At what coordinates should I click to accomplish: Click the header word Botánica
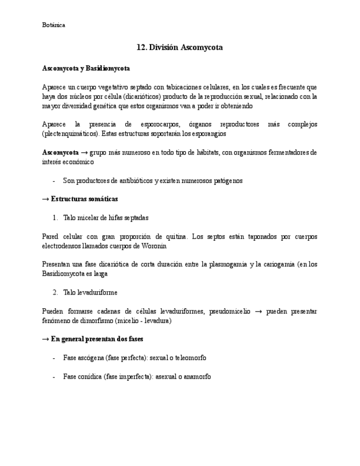(x=53, y=25)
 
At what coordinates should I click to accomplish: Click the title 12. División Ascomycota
(x=180, y=48)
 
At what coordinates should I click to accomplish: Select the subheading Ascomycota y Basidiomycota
(x=86, y=69)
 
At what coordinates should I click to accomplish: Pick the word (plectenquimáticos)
(x=70, y=134)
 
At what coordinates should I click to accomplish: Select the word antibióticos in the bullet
(x=134, y=180)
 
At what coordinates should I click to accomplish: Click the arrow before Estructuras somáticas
(x=46, y=199)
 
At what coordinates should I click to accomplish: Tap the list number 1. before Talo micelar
(x=55, y=218)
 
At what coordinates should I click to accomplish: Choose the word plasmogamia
(x=225, y=264)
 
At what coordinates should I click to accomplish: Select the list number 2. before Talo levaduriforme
(x=55, y=292)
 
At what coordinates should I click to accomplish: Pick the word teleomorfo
(x=191, y=358)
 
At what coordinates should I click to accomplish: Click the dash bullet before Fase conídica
(x=53, y=376)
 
